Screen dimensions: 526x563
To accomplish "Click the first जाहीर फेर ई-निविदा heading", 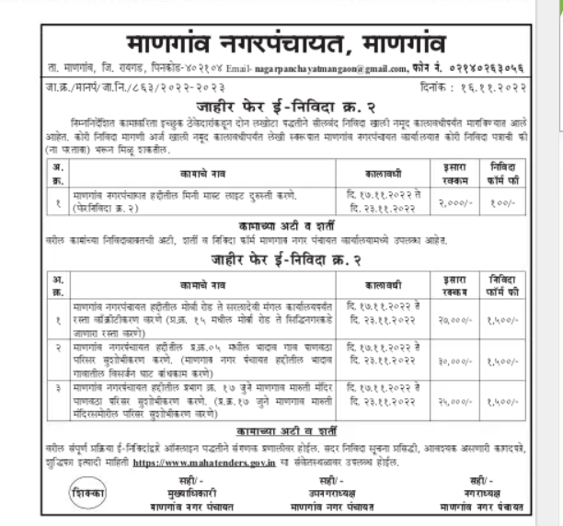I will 281,106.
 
